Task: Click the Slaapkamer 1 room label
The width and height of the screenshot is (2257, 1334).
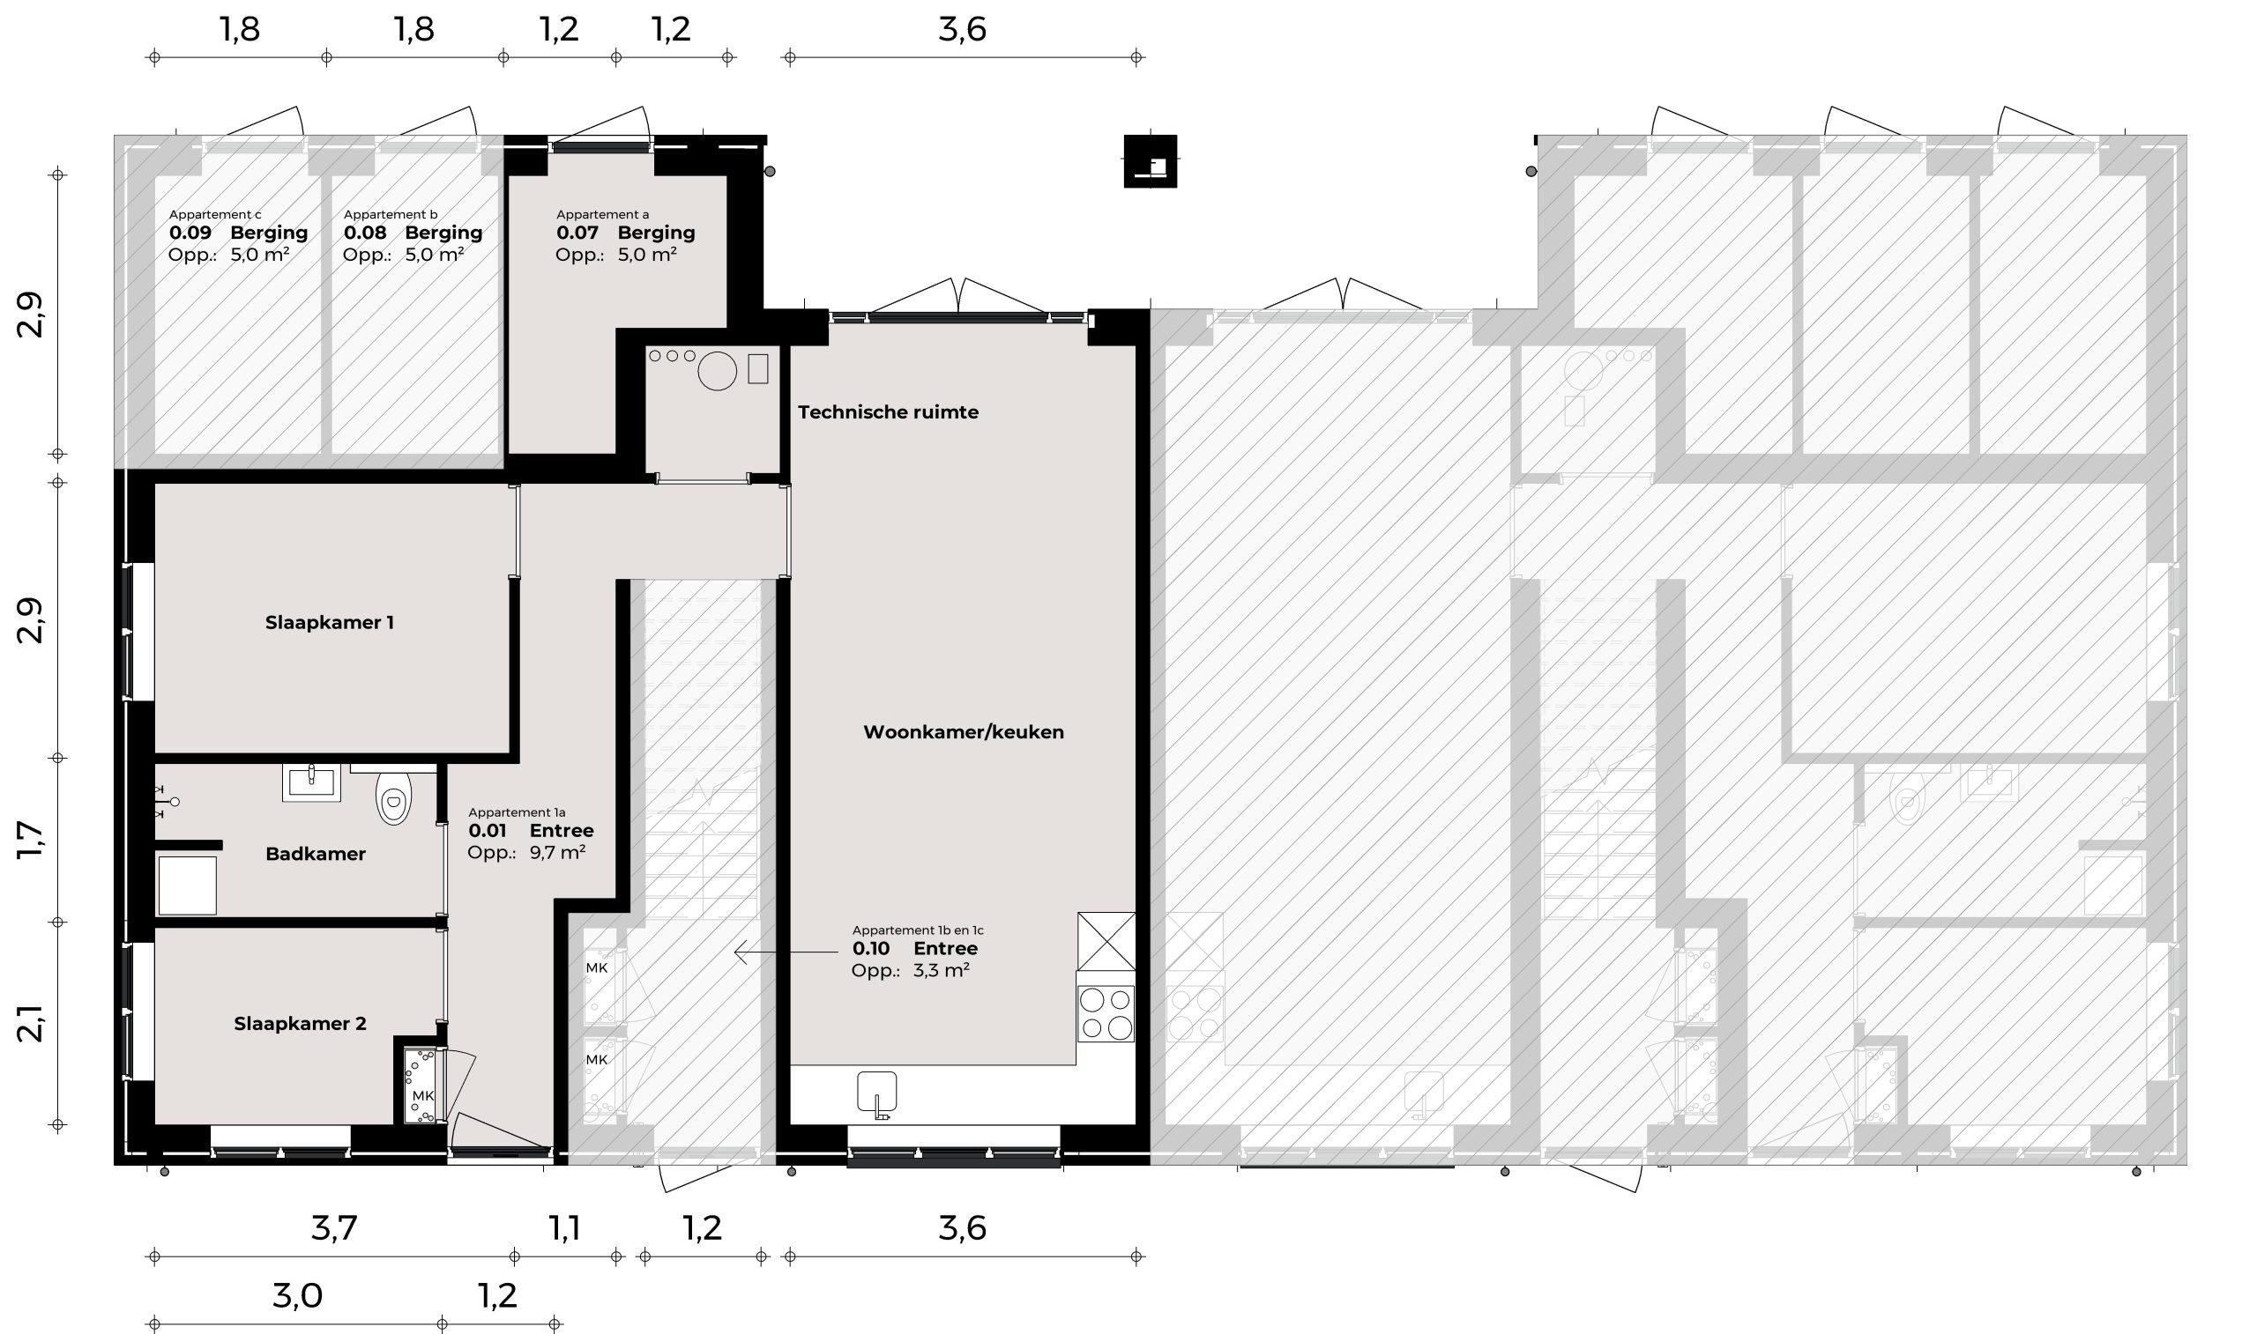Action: tap(329, 622)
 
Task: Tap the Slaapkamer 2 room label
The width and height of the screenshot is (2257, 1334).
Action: tap(300, 1023)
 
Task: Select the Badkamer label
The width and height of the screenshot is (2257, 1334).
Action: tap(315, 854)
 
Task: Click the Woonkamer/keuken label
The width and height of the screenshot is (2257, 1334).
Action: tap(963, 731)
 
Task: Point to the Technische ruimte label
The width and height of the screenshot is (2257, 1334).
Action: tap(888, 411)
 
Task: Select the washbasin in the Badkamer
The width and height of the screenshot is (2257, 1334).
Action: tap(311, 782)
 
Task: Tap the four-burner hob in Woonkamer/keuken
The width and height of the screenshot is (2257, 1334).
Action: tap(1106, 1013)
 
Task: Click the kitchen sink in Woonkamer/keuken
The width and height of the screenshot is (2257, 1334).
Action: tap(876, 1093)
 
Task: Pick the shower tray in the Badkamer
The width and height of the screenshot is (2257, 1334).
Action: tap(187, 886)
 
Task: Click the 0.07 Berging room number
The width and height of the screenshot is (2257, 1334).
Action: tap(577, 233)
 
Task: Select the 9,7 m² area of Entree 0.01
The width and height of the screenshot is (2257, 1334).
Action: tap(557, 852)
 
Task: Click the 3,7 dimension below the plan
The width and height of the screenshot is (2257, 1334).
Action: tap(334, 1227)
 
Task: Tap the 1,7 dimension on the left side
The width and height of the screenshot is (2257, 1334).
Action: tap(30, 840)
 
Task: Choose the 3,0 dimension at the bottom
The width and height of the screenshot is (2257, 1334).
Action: tap(297, 1295)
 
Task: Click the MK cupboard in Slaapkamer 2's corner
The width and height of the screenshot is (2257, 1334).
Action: tap(421, 1086)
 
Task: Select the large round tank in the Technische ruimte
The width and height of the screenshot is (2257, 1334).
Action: tap(717, 370)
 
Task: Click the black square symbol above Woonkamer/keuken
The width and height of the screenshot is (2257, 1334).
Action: tap(1150, 161)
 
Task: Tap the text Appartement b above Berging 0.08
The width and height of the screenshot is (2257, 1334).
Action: tap(391, 214)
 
